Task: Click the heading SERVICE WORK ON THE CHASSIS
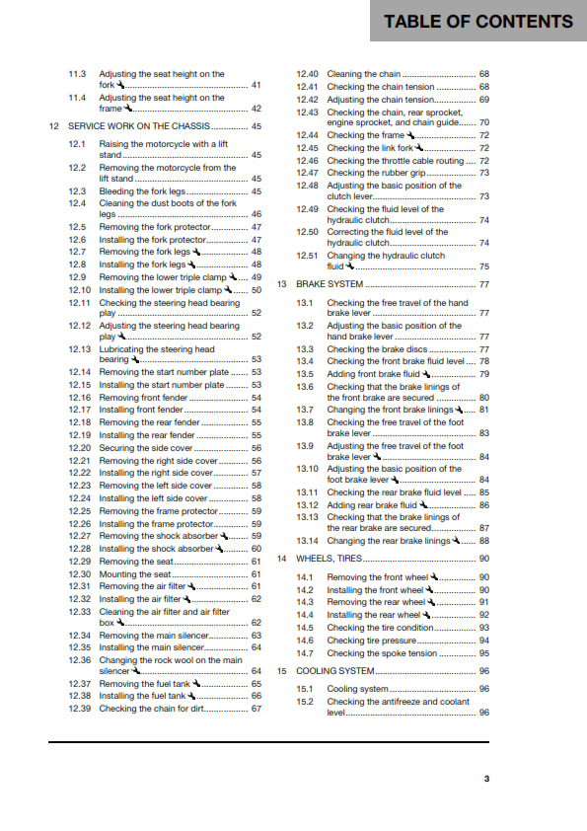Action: point(138,126)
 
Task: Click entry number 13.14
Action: point(308,541)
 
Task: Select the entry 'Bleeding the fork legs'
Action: point(141,191)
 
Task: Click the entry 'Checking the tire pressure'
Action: point(372,641)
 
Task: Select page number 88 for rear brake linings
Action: point(483,541)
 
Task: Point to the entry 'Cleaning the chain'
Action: point(364,74)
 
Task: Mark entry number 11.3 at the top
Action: point(78,74)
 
